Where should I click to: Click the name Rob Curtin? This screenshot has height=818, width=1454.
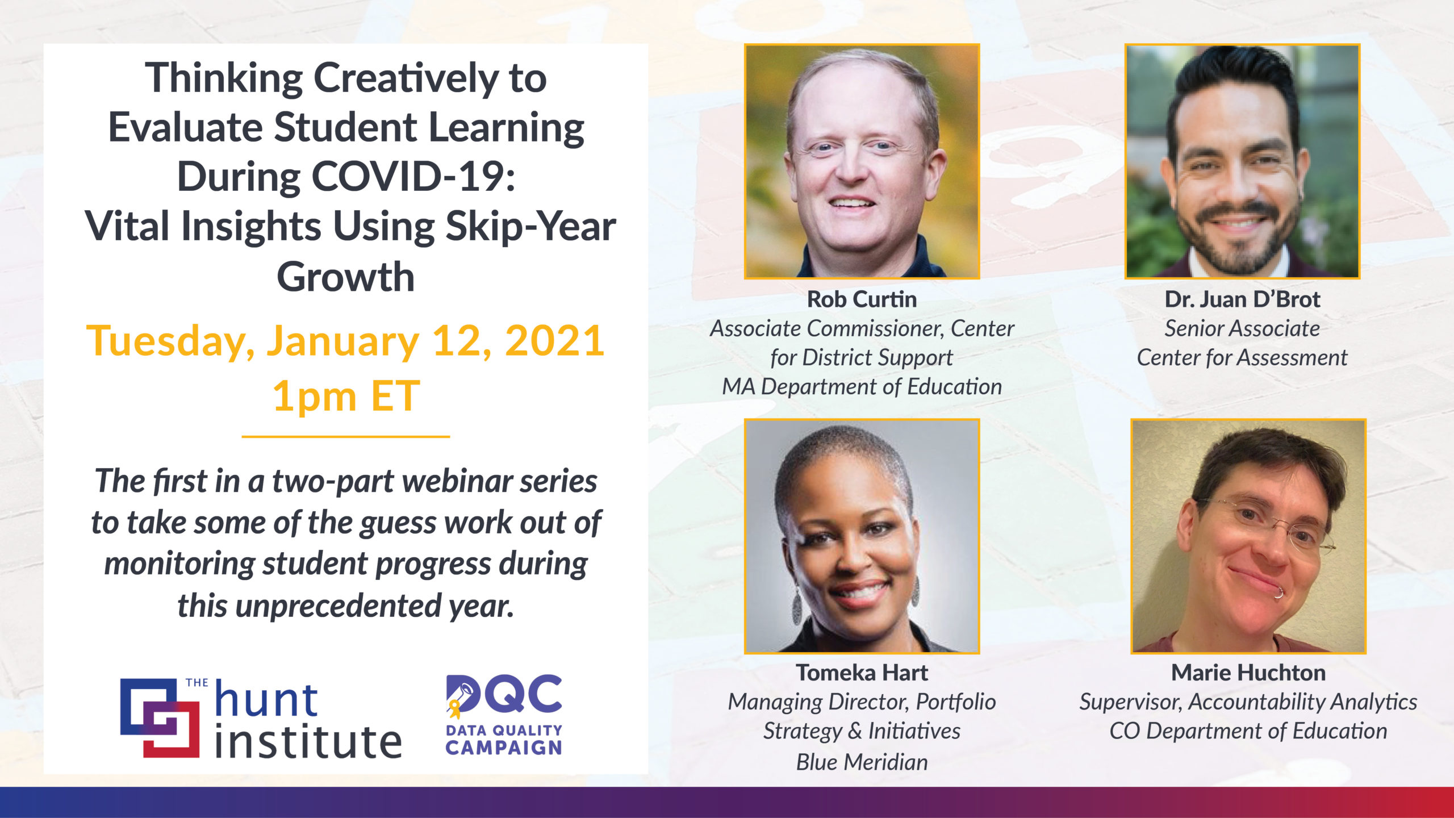(x=862, y=299)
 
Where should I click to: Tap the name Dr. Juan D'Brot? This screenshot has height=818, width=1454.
(x=1242, y=299)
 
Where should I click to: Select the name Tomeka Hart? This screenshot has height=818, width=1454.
(x=862, y=673)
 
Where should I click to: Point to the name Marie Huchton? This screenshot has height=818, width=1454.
(x=1248, y=673)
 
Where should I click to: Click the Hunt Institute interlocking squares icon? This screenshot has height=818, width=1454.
(x=160, y=717)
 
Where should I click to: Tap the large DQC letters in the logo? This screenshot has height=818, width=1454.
(x=504, y=694)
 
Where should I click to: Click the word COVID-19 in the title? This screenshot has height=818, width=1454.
(x=413, y=177)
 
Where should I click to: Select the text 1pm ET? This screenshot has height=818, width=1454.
(x=346, y=396)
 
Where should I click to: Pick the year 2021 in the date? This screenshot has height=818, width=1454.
(x=554, y=341)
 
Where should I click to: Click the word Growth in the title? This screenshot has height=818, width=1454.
(x=346, y=277)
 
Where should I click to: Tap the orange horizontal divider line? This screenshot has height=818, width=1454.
(x=346, y=436)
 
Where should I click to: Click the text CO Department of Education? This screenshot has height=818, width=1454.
(x=1248, y=731)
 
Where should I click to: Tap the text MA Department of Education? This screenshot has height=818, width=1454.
(x=862, y=387)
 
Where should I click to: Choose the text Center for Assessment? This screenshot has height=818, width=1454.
(x=1242, y=358)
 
